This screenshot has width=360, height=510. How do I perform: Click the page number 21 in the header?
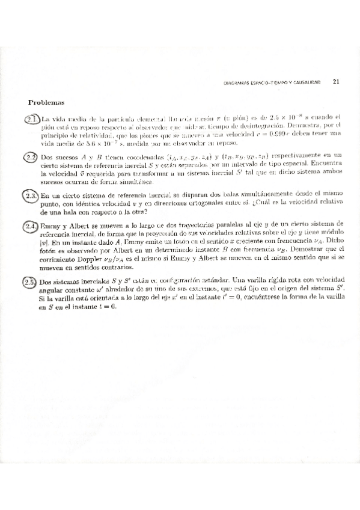pyautogui.click(x=336, y=81)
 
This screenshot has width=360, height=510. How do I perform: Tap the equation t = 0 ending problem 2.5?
pyautogui.click(x=107, y=306)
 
